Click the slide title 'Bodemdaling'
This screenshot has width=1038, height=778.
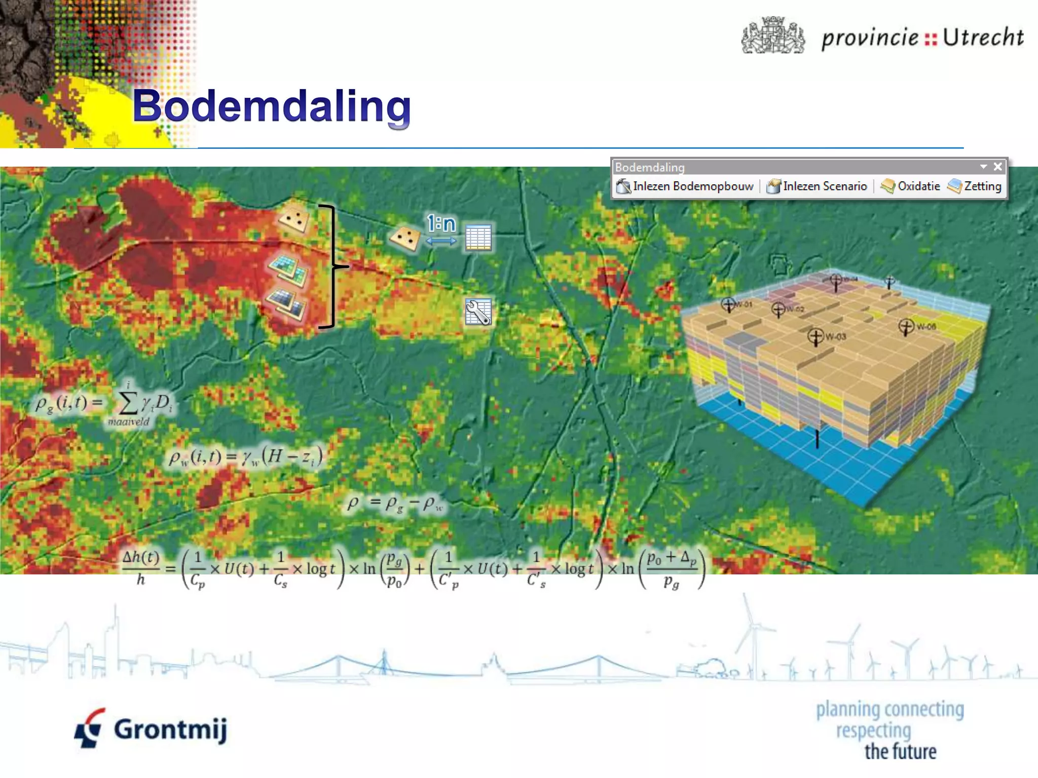click(x=272, y=106)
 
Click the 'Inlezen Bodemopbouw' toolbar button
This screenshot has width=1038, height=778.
click(x=685, y=186)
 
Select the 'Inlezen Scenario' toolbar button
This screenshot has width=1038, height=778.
click(x=817, y=186)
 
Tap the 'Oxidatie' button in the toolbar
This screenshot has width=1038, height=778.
click(x=911, y=186)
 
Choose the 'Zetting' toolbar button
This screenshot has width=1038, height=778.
click(x=975, y=186)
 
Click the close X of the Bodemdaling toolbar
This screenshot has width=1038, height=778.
click(x=997, y=167)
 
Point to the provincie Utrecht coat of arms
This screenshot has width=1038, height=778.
click(x=772, y=35)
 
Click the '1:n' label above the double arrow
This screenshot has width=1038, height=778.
click(x=441, y=223)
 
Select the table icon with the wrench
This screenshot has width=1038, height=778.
click(x=478, y=311)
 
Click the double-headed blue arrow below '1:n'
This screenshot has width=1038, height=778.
click(x=441, y=241)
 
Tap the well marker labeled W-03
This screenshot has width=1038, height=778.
click(x=816, y=336)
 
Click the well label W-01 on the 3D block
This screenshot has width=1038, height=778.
click(x=743, y=304)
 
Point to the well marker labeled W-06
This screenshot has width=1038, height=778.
click(x=906, y=327)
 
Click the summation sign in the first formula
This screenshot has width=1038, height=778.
click(x=128, y=403)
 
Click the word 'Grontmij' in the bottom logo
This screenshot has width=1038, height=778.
click(x=170, y=729)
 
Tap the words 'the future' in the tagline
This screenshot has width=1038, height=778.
click(x=900, y=752)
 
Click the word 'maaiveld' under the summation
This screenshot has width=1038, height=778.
click(x=129, y=422)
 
